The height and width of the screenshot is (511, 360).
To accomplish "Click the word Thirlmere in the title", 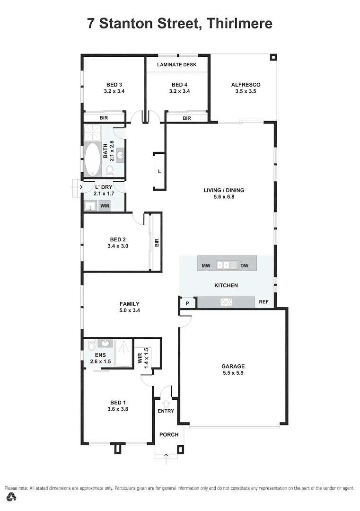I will click(x=239, y=23).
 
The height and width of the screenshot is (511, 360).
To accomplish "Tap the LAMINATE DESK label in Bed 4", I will click(x=177, y=64).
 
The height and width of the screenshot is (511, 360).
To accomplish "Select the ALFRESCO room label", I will click(x=246, y=85).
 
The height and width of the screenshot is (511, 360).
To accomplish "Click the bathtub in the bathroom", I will click(x=93, y=159).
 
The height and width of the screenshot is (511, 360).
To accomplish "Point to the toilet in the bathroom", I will click(x=110, y=170).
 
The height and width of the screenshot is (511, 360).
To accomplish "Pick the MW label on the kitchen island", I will click(x=206, y=266).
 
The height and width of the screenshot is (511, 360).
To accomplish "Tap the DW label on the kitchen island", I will click(x=244, y=266).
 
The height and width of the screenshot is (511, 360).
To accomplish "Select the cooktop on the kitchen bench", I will click(x=226, y=302).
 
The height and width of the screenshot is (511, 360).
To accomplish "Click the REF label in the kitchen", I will click(x=263, y=302).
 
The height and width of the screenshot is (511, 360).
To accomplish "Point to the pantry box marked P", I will click(x=187, y=303).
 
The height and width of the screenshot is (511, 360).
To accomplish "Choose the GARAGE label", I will click(x=233, y=366).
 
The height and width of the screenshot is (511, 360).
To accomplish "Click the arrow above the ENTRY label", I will click(x=166, y=404).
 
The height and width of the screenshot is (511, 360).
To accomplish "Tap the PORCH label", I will click(x=169, y=434).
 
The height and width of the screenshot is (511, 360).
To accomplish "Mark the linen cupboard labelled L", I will click(x=159, y=171).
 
